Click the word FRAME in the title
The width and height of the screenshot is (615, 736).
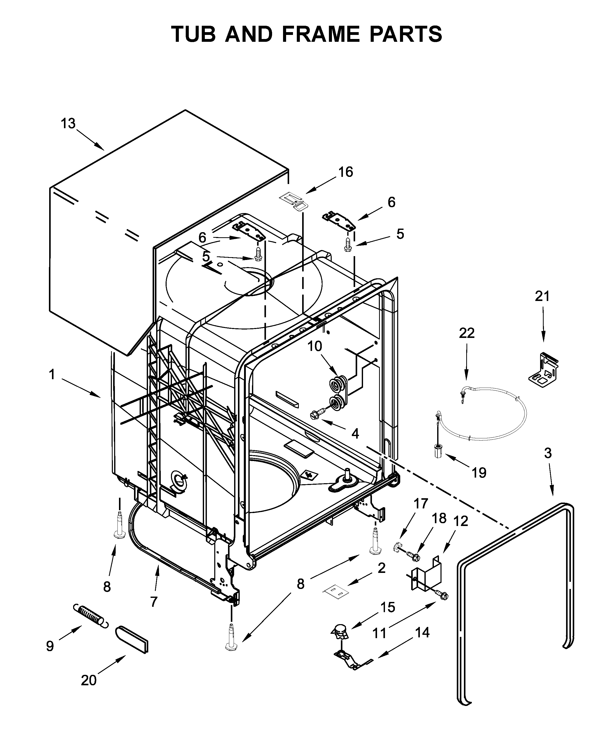click(321, 34)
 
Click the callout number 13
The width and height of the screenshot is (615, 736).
click(68, 123)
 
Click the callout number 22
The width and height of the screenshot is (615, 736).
click(467, 333)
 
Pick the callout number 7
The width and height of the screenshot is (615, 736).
click(153, 602)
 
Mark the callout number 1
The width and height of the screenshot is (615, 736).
click(52, 375)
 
